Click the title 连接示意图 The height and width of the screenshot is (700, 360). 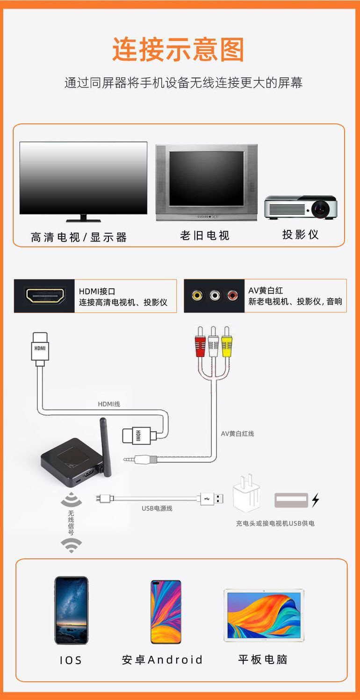pyautogui.click(x=178, y=50)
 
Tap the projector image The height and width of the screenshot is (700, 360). pyautogui.click(x=300, y=207)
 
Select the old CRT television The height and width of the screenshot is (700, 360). pyautogui.click(x=206, y=182)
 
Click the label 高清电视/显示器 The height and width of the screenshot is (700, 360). pyautogui.click(x=79, y=237)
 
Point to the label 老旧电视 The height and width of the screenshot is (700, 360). pyautogui.click(x=205, y=236)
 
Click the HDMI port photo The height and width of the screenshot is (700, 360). pyautogui.click(x=45, y=296)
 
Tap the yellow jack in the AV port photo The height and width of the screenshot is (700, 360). pyautogui.click(x=197, y=295)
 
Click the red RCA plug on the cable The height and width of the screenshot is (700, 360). pyautogui.click(x=200, y=343)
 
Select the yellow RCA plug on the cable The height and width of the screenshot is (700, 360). pyautogui.click(x=227, y=343)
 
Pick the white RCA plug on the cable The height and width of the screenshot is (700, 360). pyautogui.click(x=214, y=343)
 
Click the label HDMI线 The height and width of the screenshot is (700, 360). pyautogui.click(x=109, y=404)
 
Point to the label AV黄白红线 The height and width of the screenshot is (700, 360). pyautogui.click(x=238, y=434)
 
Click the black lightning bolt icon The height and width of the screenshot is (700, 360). pyautogui.click(x=316, y=500)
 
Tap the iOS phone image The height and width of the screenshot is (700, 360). pyautogui.click(x=71, y=610)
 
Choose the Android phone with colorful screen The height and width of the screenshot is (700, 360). pyautogui.click(x=166, y=612)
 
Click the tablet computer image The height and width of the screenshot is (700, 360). pyautogui.click(x=264, y=615)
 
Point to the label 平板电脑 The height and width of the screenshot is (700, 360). pyautogui.click(x=263, y=659)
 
